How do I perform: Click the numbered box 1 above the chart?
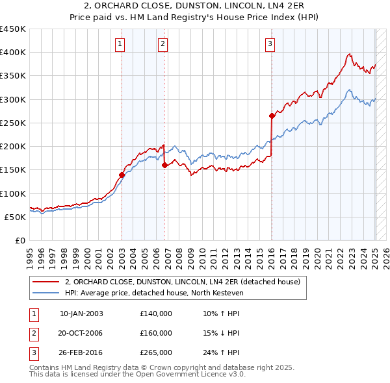click(121, 44)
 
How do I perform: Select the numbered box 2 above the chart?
click(162, 44)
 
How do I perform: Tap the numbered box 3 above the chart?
click(270, 44)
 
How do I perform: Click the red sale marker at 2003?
click(122, 175)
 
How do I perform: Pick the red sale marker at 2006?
click(164, 165)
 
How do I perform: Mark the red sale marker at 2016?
click(272, 116)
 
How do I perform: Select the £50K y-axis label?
click(15, 217)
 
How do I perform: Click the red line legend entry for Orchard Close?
click(182, 282)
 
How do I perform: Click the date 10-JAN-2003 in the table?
click(81, 314)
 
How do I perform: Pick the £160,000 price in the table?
click(156, 333)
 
